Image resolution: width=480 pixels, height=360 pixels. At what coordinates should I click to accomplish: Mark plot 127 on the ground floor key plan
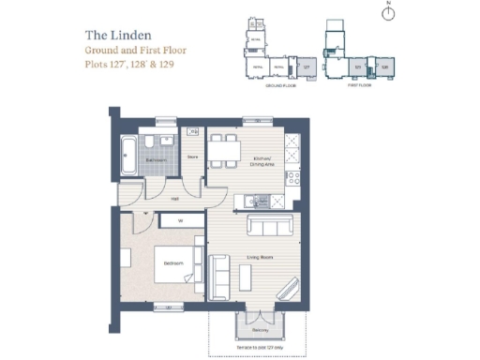click(305, 67)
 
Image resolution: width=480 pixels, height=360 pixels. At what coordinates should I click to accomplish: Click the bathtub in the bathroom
click(127, 154)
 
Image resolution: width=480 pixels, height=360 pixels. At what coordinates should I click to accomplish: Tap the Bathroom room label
click(156, 160)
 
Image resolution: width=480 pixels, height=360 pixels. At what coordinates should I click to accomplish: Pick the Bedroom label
click(173, 263)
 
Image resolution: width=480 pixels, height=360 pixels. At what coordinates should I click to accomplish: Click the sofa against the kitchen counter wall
click(268, 228)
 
